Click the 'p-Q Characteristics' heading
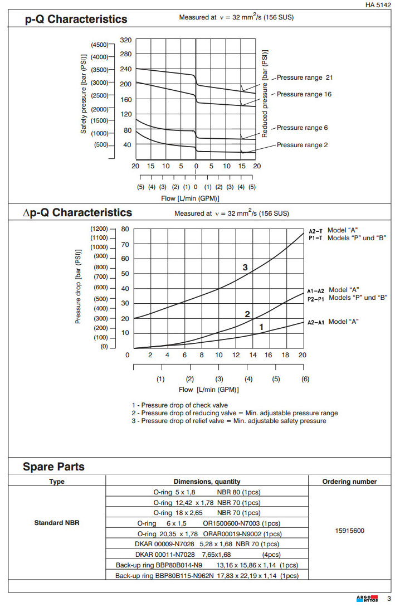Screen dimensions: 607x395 pos(76,20)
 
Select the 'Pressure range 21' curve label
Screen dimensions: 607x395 pos(305,77)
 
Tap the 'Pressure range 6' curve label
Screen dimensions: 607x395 pos(302,128)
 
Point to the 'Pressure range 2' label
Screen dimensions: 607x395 pos(302,145)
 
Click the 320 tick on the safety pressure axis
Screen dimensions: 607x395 pos(126,40)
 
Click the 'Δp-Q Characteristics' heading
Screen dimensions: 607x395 pos(77,213)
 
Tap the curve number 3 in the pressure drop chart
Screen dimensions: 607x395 pos(245,268)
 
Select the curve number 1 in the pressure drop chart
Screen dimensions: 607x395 pos(261,326)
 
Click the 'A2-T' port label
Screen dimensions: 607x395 pos(315,231)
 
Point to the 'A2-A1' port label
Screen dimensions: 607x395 pos(315,322)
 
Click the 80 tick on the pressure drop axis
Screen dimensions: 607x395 pos(125,229)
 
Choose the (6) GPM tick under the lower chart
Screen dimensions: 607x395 pos(305,379)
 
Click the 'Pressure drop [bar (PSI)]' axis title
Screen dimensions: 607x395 pos(79,288)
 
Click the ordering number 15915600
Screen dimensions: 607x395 pos(349,531)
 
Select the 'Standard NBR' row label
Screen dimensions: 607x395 pos(56,523)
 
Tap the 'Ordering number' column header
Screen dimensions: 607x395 pos(349,482)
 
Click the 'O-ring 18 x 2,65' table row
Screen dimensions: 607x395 pos(207,513)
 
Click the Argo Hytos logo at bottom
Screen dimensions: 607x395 pos(367,598)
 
